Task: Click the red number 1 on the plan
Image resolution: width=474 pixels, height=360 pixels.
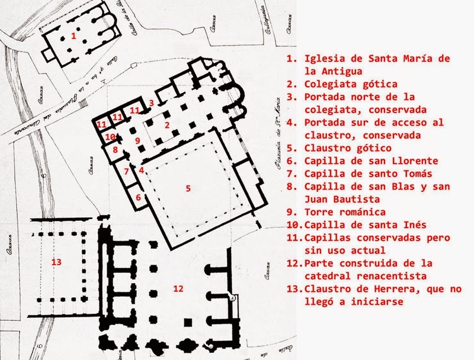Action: tap(73, 36)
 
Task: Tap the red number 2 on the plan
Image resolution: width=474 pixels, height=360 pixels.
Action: tap(167, 124)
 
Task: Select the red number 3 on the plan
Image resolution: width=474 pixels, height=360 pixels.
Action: tap(152, 103)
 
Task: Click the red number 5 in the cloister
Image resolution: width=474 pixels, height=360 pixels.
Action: tap(188, 188)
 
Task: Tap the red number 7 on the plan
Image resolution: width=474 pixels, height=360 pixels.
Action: tap(126, 172)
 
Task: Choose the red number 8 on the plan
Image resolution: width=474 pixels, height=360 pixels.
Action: tap(116, 150)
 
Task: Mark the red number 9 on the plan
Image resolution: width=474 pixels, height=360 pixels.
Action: tap(137, 140)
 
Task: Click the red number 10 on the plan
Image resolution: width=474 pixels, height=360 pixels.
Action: tap(110, 136)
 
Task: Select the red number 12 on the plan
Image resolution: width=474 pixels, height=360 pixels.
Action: tap(176, 288)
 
